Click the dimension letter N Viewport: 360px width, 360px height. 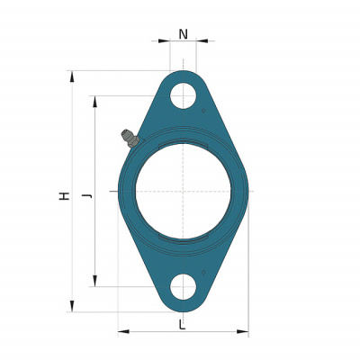(184, 34)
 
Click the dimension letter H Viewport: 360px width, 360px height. (64, 196)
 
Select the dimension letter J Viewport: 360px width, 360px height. (87, 196)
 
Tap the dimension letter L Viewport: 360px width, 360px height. (182, 325)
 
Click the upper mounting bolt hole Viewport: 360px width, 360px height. (183, 95)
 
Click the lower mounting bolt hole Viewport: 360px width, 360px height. (183, 286)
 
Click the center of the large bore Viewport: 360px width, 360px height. (183, 191)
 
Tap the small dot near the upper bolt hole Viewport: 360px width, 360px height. (203, 111)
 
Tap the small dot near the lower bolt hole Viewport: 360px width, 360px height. (203, 272)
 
